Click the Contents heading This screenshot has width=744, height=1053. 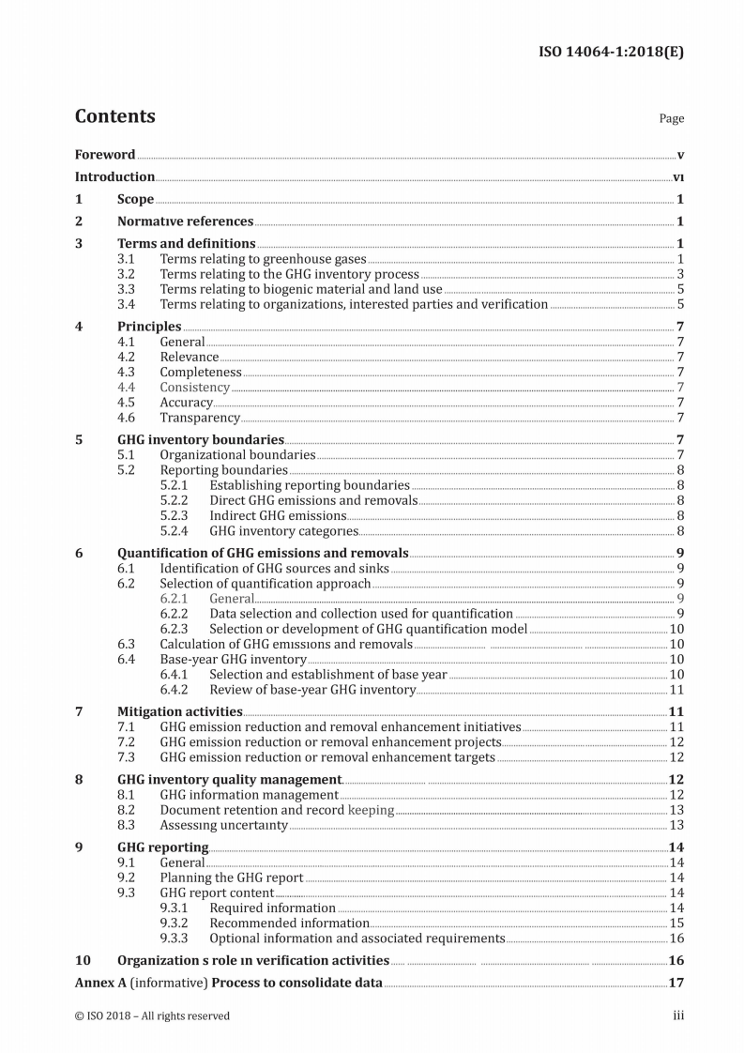point(114,116)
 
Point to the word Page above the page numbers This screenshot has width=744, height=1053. point(671,118)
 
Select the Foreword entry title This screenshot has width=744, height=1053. point(105,155)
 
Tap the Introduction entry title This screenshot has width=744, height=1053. point(114,176)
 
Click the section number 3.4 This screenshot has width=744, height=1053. point(127,304)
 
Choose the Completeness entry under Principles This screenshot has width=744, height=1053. point(200,373)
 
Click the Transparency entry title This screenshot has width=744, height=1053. point(199,418)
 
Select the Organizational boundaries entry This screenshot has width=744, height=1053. point(236,455)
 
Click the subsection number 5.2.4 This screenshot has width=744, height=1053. point(174,531)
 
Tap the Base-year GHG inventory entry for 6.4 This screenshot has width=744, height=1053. point(233,660)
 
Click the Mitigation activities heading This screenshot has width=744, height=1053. point(179,711)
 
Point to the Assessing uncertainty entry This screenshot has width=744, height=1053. point(223,825)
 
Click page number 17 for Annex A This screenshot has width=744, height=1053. point(675,984)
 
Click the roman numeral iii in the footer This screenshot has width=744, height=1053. point(677,1015)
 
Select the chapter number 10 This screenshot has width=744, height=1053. point(83,960)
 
